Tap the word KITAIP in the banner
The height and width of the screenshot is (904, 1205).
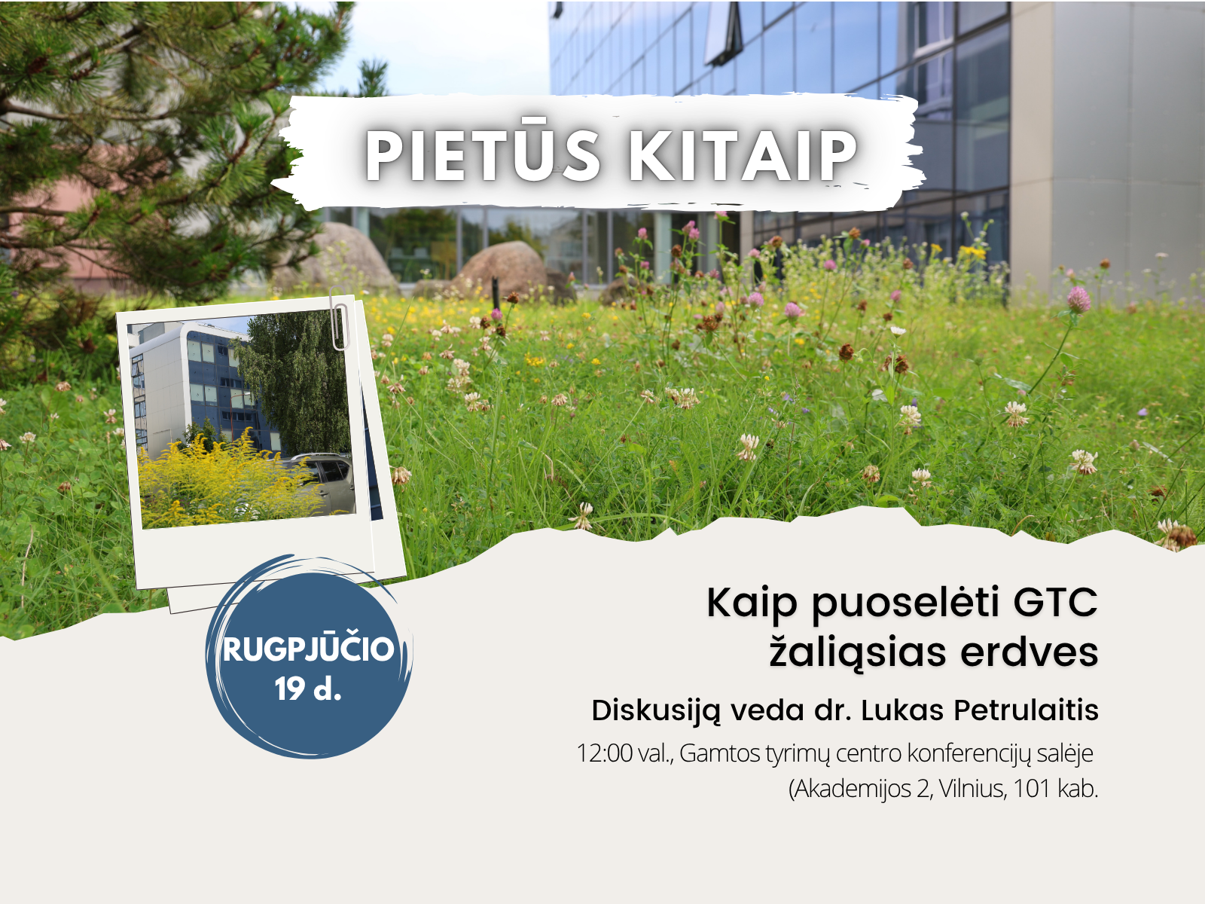point(743,154)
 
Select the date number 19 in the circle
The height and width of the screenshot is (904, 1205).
point(291,689)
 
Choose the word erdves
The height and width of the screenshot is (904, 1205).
point(1030,652)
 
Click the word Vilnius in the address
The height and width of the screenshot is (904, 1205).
point(972,789)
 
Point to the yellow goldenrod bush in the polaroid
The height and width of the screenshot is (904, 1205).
point(220,483)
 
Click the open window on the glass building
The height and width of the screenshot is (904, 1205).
point(723,33)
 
